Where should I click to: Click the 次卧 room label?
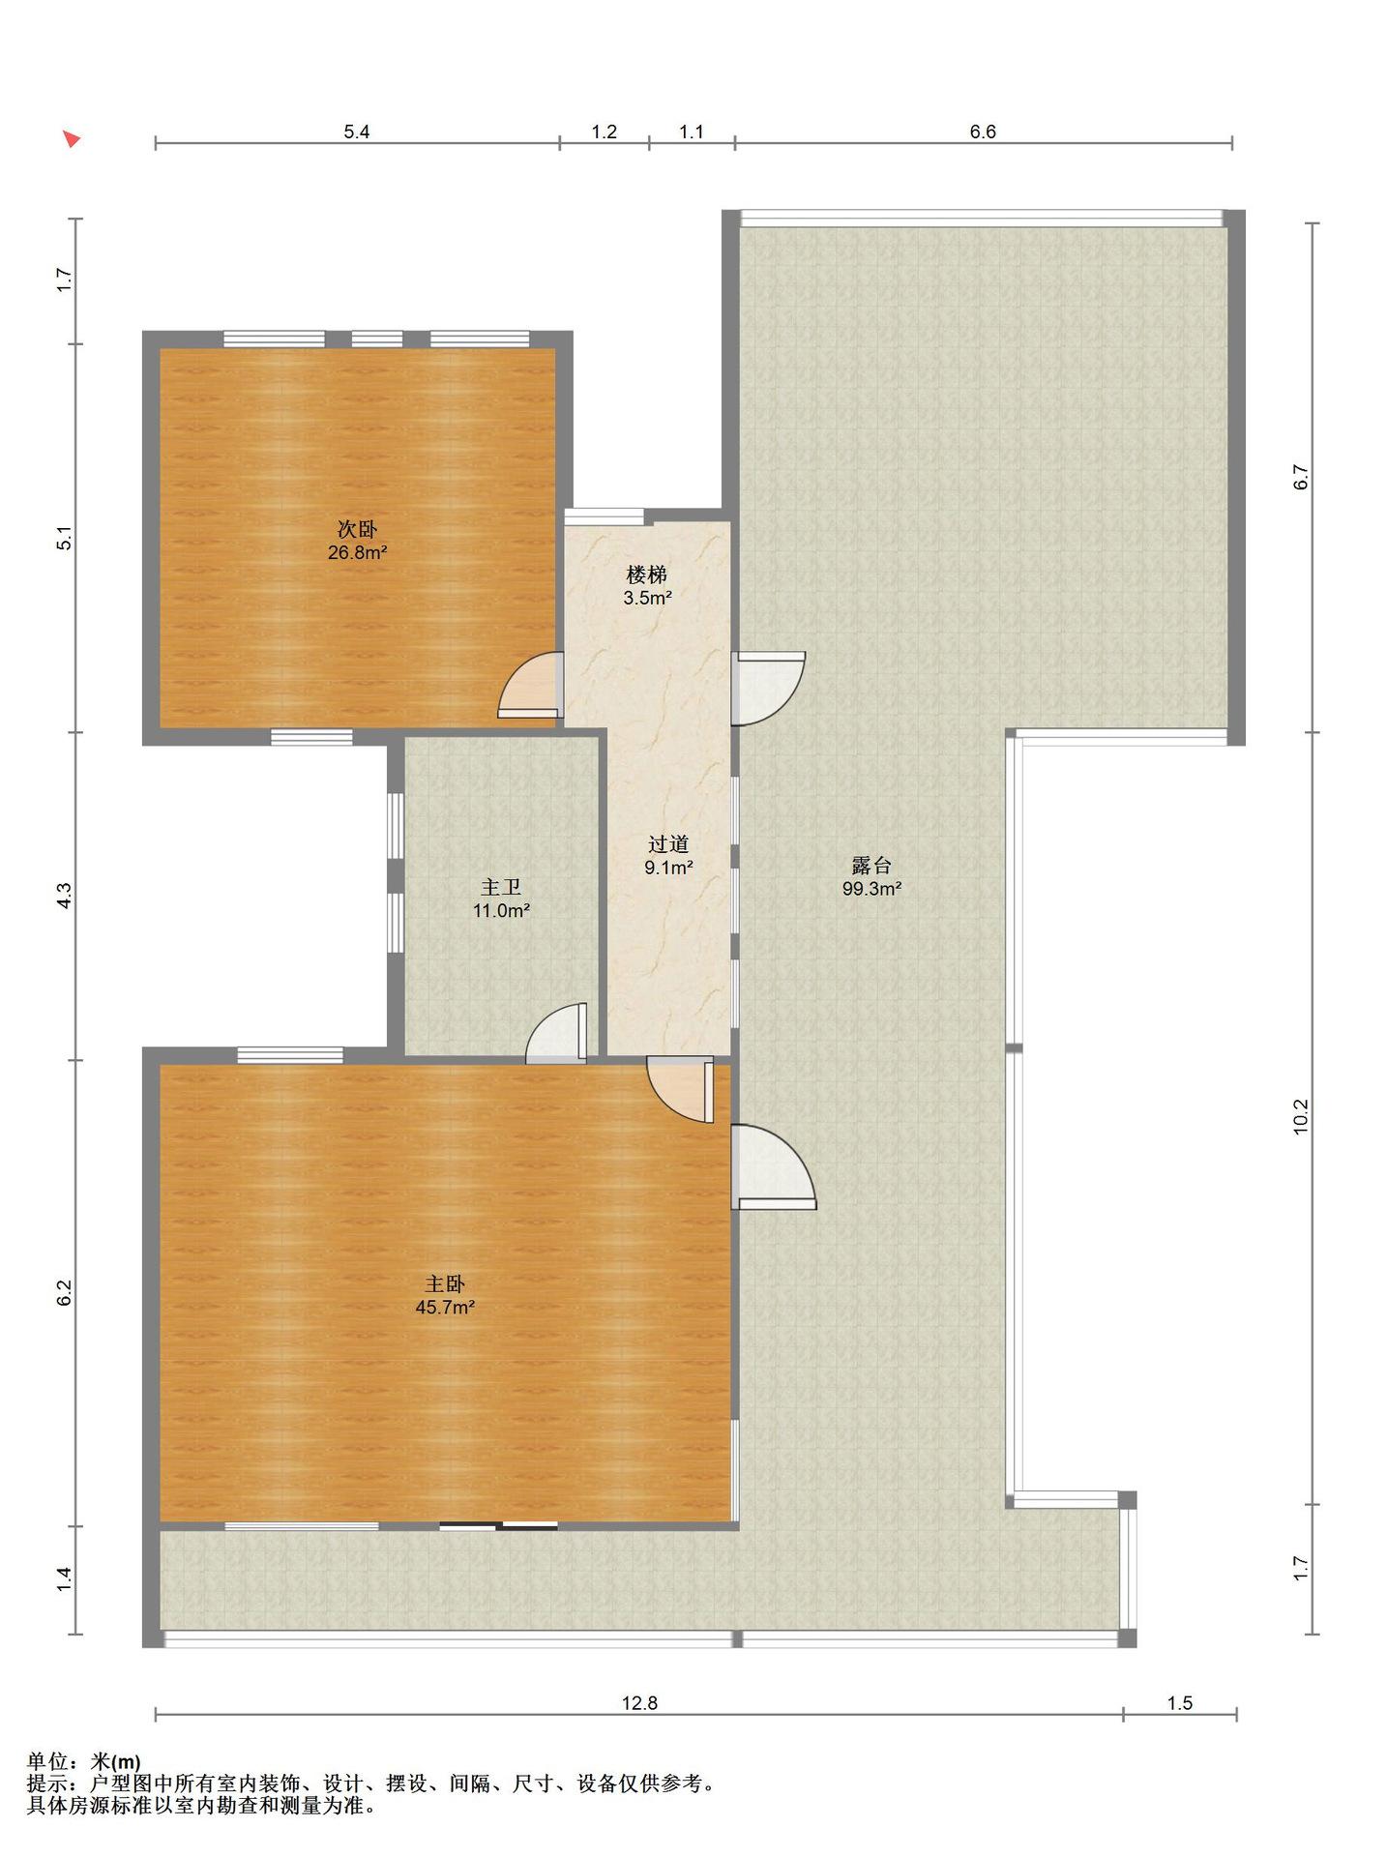coord(357,529)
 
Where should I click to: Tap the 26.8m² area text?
coord(357,553)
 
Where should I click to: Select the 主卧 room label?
coord(445,1283)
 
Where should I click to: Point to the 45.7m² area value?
coord(445,1308)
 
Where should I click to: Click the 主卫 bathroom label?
coord(501,886)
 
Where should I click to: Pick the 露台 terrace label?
coord(871,865)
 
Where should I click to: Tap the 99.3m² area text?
coord(871,889)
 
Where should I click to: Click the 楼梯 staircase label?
coord(647,575)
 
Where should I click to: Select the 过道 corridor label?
coord(668,843)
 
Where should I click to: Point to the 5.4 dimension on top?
coord(357,132)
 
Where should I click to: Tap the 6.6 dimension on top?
coord(983,132)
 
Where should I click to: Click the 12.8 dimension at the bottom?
coord(639,1730)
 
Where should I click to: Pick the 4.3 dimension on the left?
coord(64,896)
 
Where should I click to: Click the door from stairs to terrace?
coord(768,688)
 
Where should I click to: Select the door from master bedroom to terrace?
coord(774,1166)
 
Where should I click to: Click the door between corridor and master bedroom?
coord(681,1090)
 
